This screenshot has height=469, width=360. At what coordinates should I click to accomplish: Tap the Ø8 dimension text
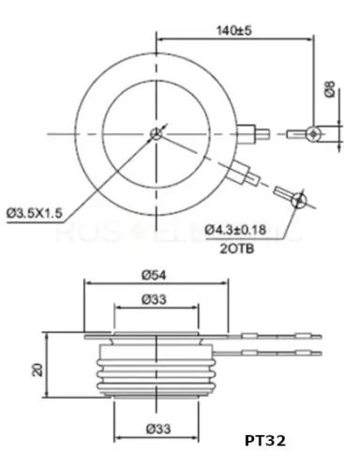click(x=329, y=91)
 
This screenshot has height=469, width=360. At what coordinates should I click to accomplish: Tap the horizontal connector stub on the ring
click(x=249, y=132)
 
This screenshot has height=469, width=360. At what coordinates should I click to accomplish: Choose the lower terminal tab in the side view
click(x=281, y=351)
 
